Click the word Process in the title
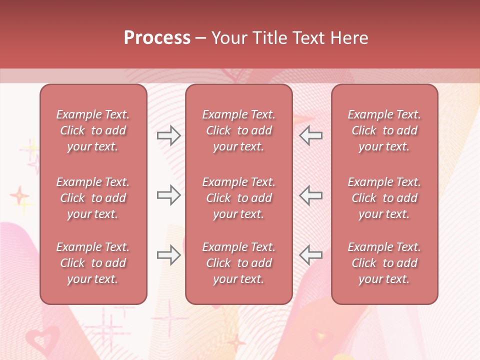point(157,38)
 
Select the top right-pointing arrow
point(168,135)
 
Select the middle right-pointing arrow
point(168,195)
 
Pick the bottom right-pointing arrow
point(168,255)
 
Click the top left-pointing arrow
point(311,135)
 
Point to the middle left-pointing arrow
point(311,195)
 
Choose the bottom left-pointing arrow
point(311,255)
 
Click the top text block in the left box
point(93,130)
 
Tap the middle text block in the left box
point(93,198)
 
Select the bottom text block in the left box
point(93,263)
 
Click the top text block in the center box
point(239,130)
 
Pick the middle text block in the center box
point(239,198)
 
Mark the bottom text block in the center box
point(239,263)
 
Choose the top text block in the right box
point(384,130)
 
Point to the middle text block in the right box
point(384,198)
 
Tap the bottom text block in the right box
point(384,263)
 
